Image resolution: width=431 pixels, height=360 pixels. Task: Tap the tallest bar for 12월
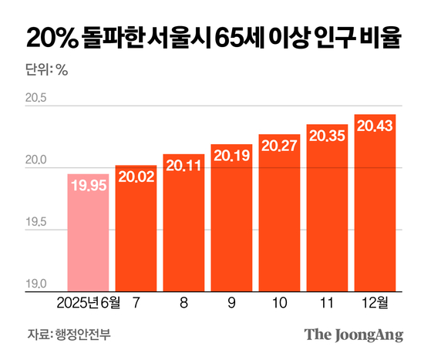coord(375,208)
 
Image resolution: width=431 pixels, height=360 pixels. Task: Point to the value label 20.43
coord(375,126)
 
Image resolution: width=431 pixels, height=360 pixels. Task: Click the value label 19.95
coord(89,186)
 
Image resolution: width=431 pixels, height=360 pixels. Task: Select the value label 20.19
coord(232,156)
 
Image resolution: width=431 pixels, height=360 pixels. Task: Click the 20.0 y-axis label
coord(35,161)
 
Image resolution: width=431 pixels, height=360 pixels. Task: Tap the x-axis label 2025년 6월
coord(89,304)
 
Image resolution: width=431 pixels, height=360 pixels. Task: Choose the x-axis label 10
coord(279,304)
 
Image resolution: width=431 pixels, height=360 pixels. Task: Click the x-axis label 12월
coord(375,304)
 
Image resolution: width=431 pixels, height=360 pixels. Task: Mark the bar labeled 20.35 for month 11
coord(327,212)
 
